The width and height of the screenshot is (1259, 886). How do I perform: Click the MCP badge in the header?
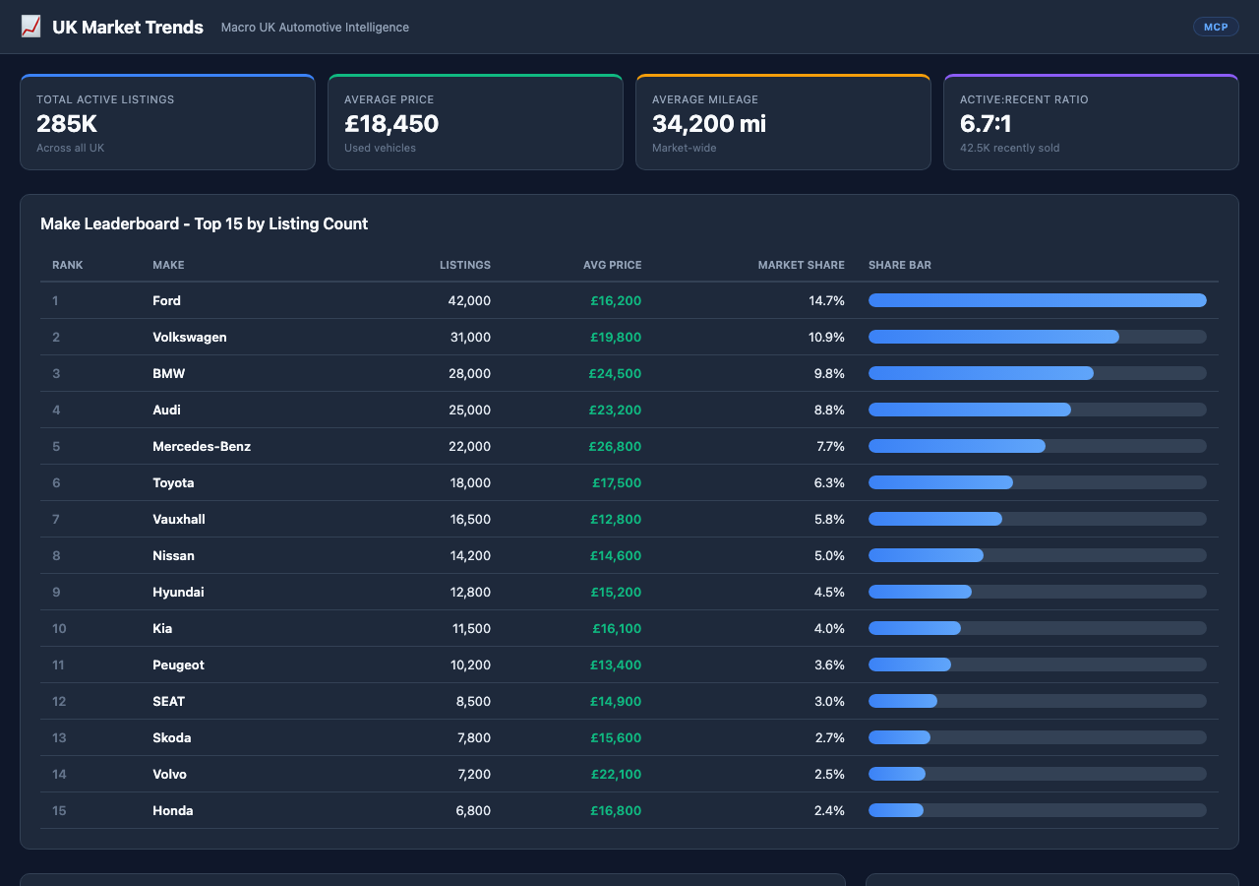(1216, 27)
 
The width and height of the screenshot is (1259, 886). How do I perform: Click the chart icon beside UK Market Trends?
(30, 27)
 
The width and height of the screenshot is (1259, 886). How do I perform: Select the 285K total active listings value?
(67, 124)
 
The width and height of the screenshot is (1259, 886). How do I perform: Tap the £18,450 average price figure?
(391, 124)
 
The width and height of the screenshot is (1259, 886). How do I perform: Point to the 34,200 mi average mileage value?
(708, 124)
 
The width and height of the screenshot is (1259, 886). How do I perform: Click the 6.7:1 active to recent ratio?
(986, 124)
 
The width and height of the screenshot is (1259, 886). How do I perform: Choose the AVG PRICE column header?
(612, 265)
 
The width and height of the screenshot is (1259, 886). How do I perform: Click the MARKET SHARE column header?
(801, 265)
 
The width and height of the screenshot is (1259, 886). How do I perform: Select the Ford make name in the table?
(166, 300)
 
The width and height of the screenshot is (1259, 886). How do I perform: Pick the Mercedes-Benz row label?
(202, 446)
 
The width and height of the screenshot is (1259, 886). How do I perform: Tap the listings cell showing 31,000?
(469, 337)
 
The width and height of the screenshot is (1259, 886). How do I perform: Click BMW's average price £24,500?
(615, 373)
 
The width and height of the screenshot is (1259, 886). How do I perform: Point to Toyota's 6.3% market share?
(829, 482)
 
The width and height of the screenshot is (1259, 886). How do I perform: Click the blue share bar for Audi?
(969, 410)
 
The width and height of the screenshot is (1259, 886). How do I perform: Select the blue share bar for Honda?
(895, 810)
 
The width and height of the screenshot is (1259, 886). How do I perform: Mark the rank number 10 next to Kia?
(59, 628)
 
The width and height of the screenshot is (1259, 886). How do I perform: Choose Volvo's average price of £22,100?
(616, 774)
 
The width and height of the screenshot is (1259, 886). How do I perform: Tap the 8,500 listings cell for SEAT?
(473, 701)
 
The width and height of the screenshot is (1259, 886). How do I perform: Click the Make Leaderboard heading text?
(204, 223)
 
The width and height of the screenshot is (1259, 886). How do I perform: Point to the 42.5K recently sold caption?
(1009, 148)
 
